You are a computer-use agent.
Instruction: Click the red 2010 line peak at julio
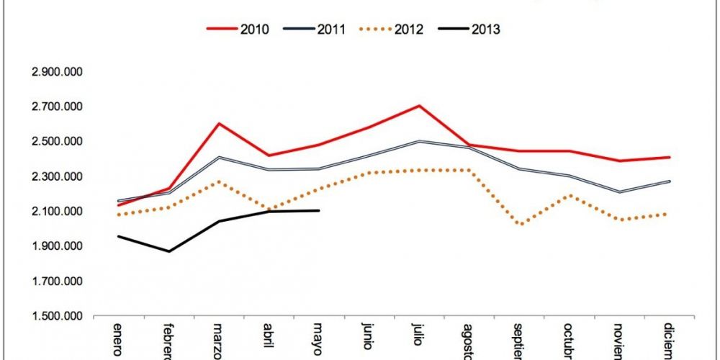tap(419, 106)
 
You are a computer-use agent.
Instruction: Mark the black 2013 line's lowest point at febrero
tap(168, 251)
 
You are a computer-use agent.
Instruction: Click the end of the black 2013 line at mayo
tap(319, 210)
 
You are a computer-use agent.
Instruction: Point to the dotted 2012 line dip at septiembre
tap(521, 224)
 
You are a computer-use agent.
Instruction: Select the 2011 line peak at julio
tap(419, 141)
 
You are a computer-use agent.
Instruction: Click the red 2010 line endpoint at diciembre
tap(670, 157)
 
